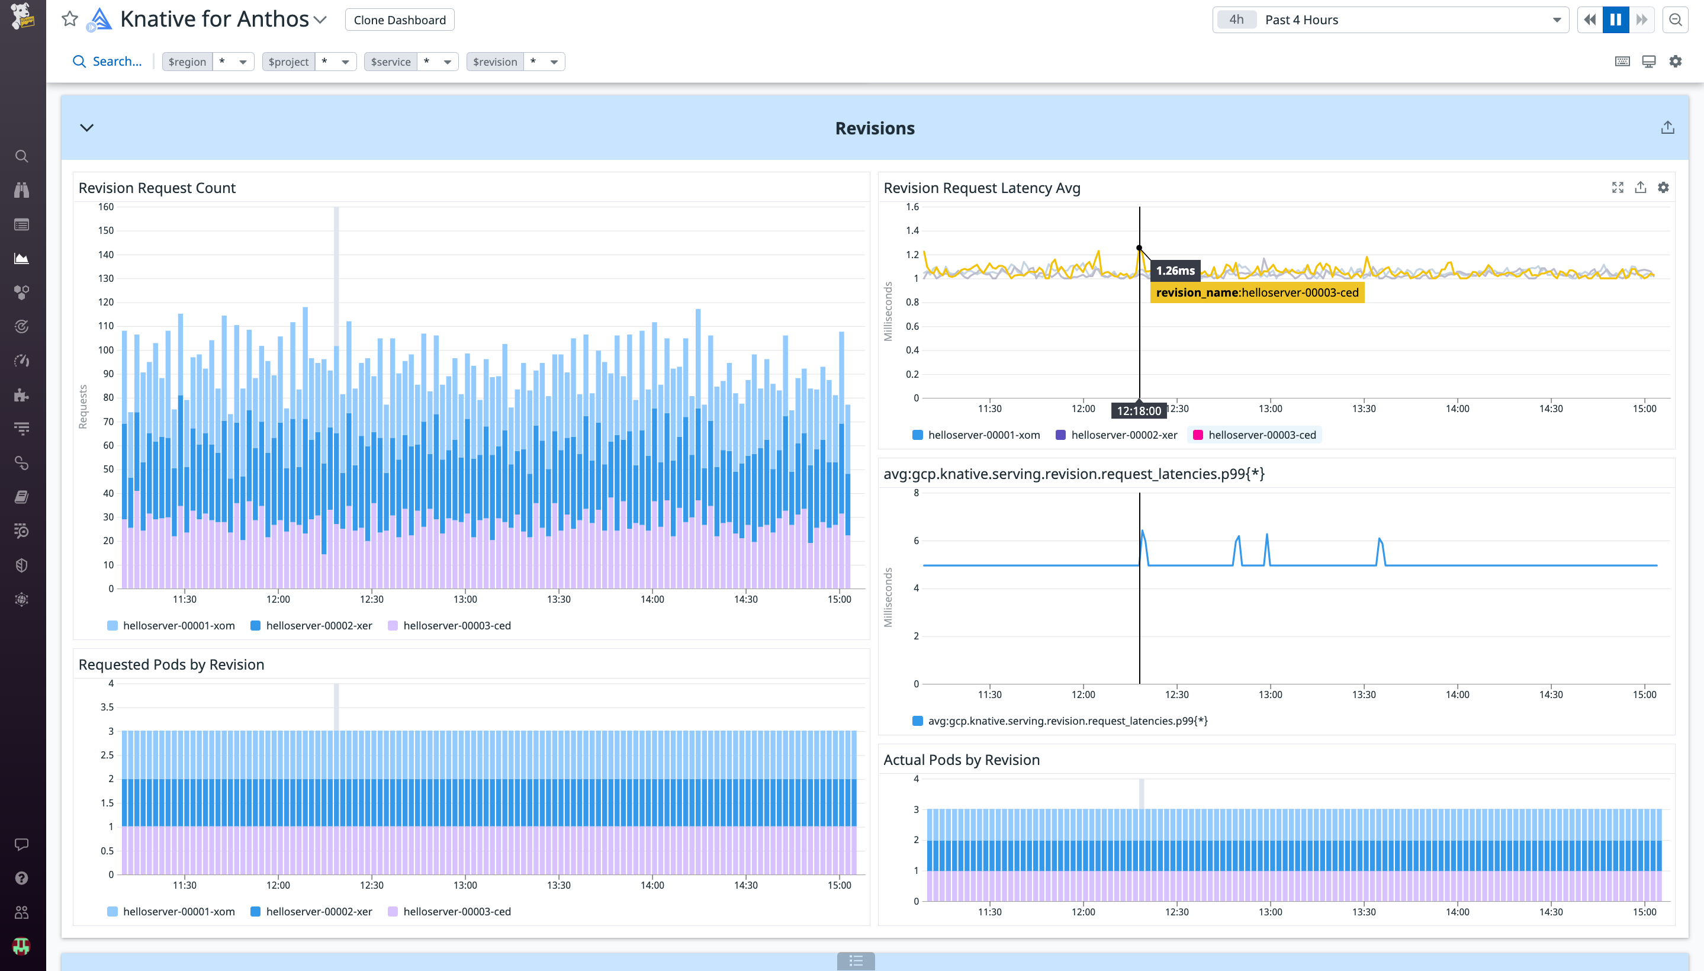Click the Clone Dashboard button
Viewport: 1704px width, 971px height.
tap(400, 20)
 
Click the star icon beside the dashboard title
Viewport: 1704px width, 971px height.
tap(69, 19)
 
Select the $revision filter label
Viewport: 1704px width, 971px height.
tap(495, 62)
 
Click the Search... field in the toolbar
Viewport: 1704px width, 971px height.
tap(117, 62)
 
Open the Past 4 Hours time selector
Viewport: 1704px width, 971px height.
tap(1391, 20)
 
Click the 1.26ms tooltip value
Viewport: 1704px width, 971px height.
tap(1175, 271)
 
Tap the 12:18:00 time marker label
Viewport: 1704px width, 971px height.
tap(1139, 411)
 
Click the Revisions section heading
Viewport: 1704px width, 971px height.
tap(874, 128)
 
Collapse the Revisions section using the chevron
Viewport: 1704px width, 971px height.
tap(86, 127)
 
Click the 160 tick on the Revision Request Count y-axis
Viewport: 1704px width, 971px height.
tap(106, 207)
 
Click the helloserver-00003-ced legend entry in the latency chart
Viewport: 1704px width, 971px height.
tap(1261, 435)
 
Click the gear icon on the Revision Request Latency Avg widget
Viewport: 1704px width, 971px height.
tap(1663, 188)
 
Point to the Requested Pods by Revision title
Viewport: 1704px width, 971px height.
tap(171, 664)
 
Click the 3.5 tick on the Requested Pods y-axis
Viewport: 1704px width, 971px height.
tap(107, 707)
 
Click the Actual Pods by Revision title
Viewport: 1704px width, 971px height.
tap(961, 760)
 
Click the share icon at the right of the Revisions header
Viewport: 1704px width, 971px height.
tap(1667, 127)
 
